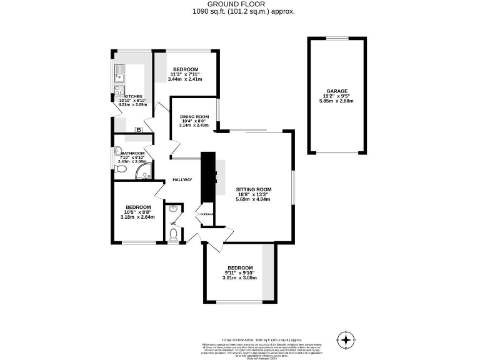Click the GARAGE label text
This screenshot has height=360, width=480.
click(x=337, y=91)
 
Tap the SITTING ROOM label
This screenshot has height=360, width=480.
click(x=253, y=189)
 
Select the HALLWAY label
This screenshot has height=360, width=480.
click(x=182, y=180)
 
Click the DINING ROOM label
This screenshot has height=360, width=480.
click(x=194, y=117)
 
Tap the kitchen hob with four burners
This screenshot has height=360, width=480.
click(x=119, y=91)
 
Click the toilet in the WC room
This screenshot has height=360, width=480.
click(x=174, y=234)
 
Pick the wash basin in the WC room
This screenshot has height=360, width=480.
click(x=174, y=209)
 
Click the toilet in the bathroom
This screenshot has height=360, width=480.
click(x=121, y=169)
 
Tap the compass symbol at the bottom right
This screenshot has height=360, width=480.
click(x=345, y=340)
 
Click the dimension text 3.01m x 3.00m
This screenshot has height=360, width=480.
click(x=241, y=278)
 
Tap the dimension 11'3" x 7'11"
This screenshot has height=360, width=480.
click(x=186, y=74)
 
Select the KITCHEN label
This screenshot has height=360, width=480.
click(x=133, y=96)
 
